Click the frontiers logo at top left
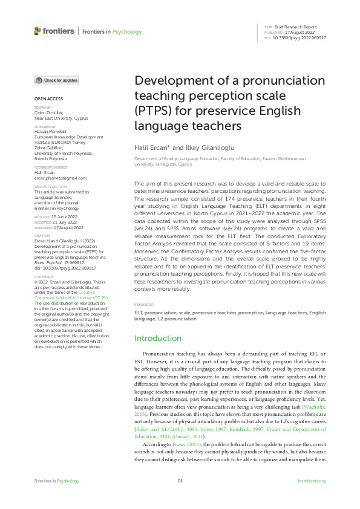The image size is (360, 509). [54, 31]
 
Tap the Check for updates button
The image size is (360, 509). [56, 80]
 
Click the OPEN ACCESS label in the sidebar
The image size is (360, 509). [48, 98]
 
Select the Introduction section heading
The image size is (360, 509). [158, 338]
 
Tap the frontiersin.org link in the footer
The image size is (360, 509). [312, 481]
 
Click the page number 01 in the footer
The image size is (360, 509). [180, 481]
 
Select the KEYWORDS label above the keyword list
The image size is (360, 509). [144, 305]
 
